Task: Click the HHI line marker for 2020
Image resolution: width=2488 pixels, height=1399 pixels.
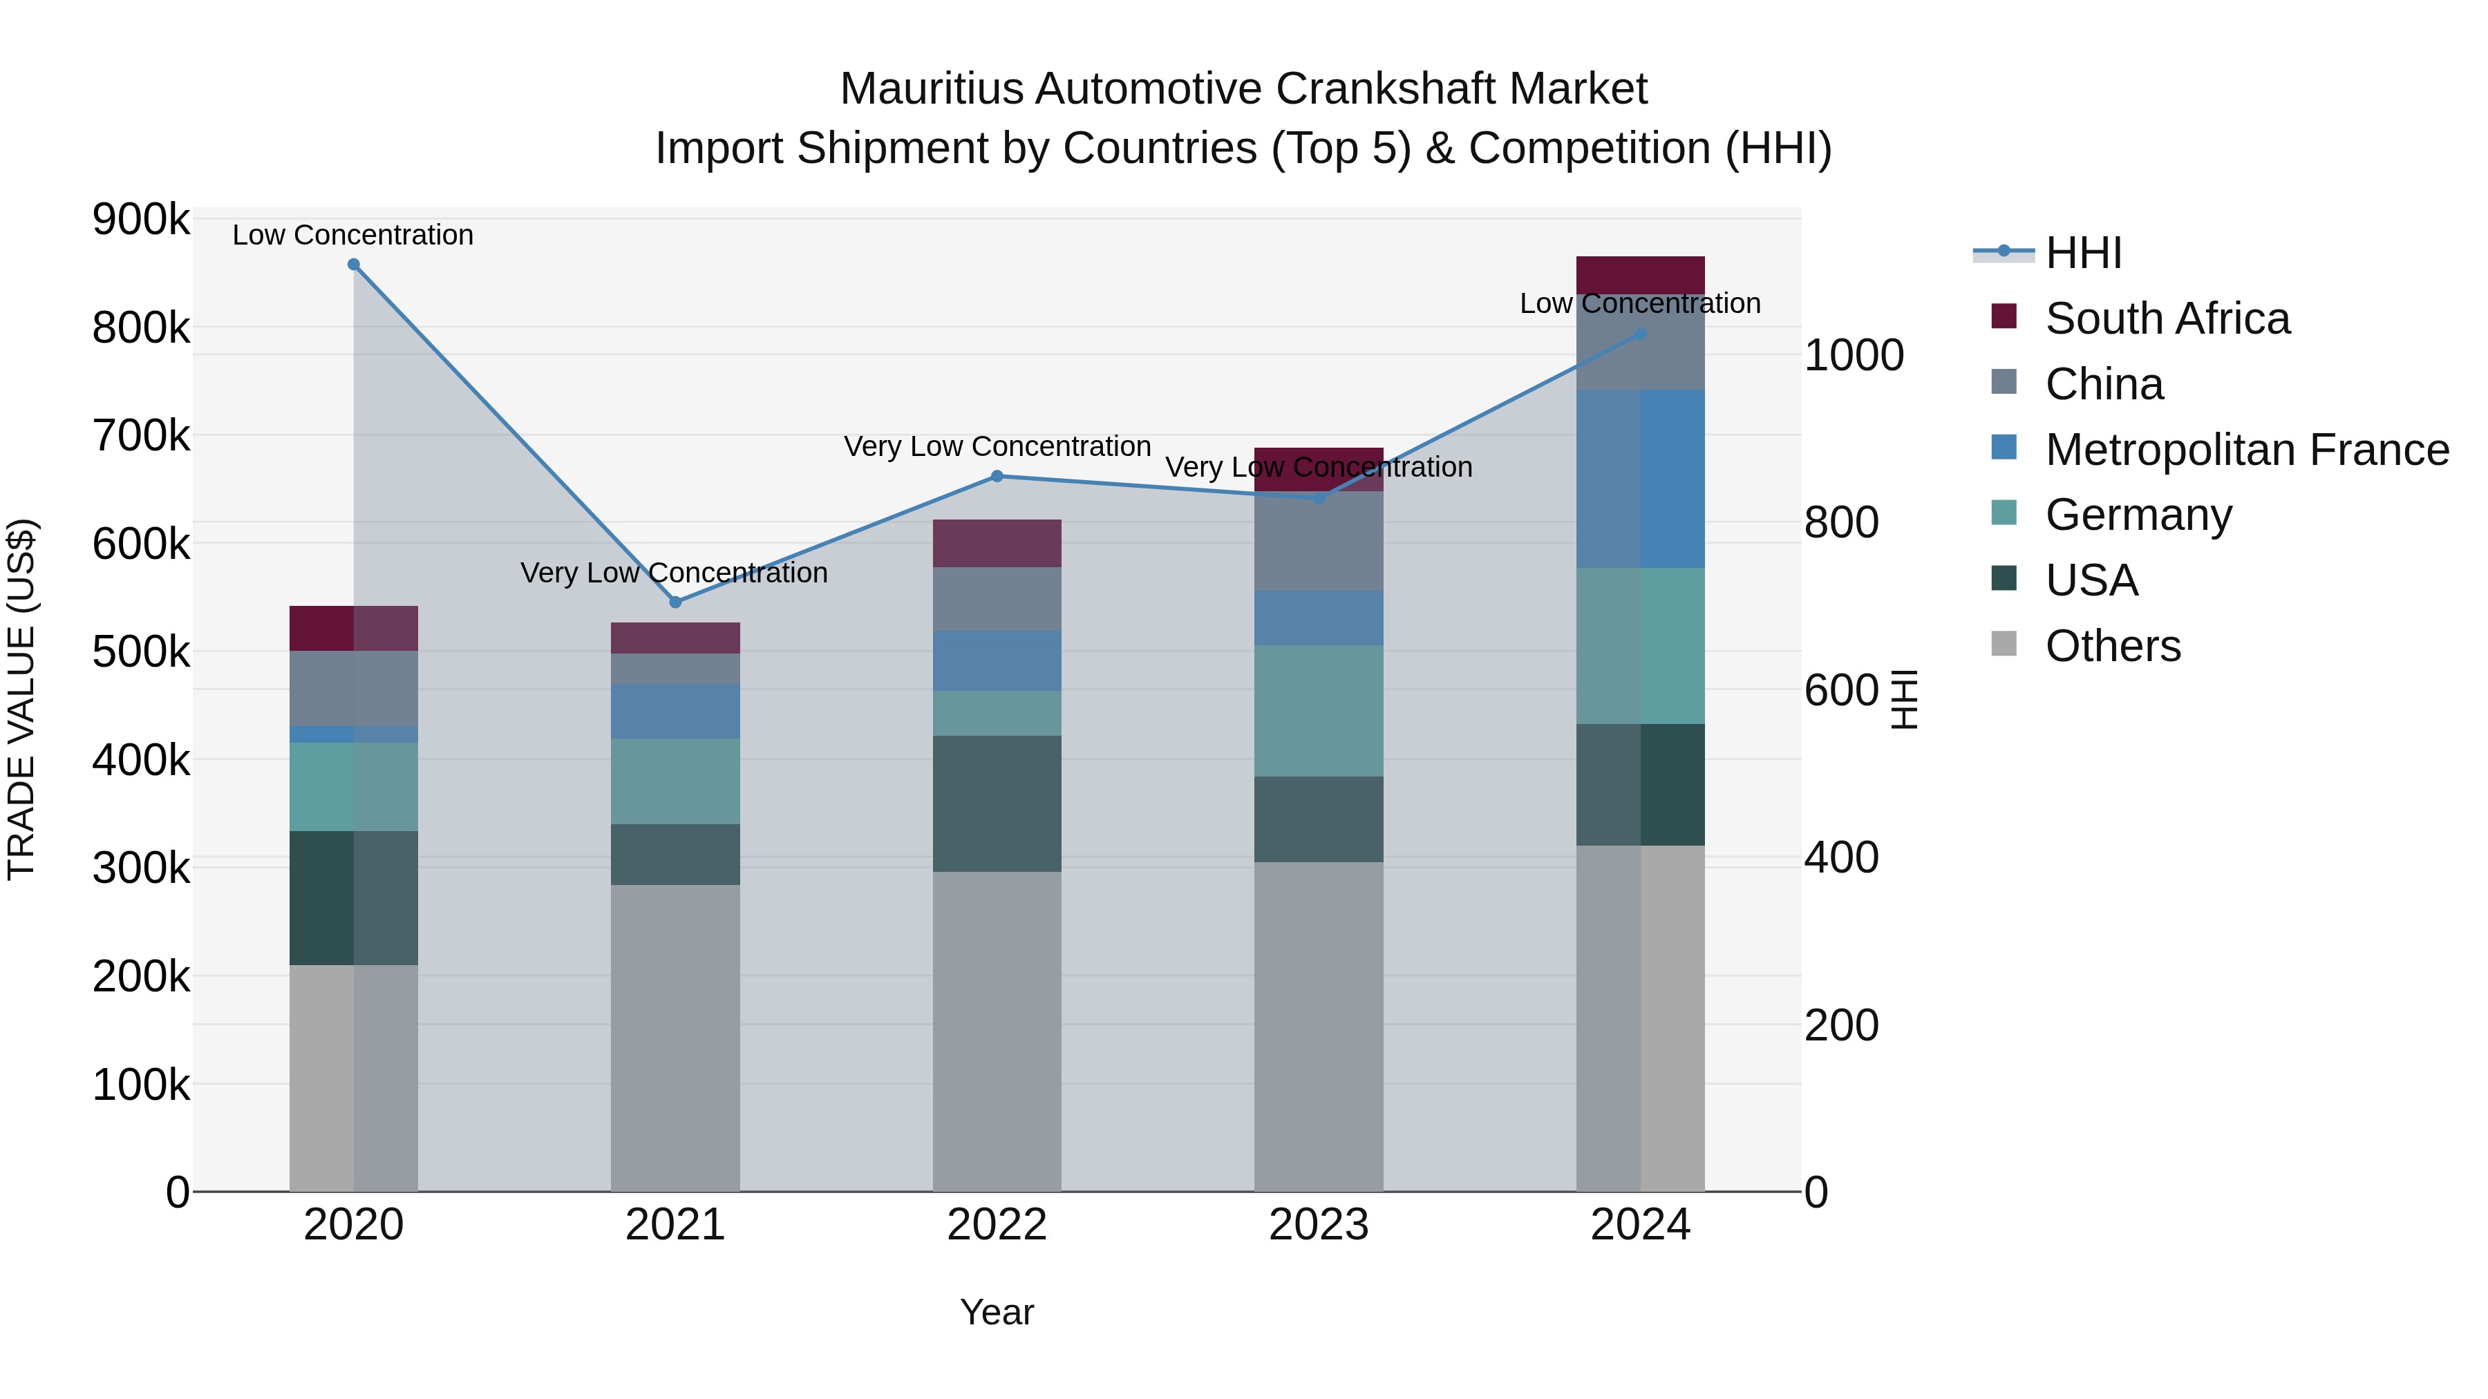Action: pyautogui.click(x=353, y=265)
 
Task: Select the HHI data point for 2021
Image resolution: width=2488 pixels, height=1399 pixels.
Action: pyautogui.click(x=675, y=602)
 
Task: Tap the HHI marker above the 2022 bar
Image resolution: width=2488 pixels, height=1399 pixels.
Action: pyautogui.click(x=997, y=476)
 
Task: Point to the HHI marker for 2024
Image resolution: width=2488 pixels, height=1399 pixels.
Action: pyautogui.click(x=1640, y=334)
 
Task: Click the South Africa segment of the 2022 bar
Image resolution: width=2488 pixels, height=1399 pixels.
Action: pyautogui.click(x=997, y=544)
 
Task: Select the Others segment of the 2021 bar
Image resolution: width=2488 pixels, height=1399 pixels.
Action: pyautogui.click(x=675, y=1038)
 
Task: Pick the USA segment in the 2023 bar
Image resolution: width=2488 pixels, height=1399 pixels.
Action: pyautogui.click(x=1319, y=819)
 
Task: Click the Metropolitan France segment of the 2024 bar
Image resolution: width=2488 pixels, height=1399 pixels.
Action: pyautogui.click(x=1640, y=479)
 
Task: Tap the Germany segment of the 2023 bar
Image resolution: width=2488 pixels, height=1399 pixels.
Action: pyautogui.click(x=1319, y=711)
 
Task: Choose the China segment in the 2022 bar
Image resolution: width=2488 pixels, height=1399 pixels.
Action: pyautogui.click(x=997, y=598)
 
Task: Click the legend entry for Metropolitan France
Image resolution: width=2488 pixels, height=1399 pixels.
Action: pyautogui.click(x=2247, y=450)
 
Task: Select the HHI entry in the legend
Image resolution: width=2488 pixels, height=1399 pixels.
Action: pyautogui.click(x=2083, y=253)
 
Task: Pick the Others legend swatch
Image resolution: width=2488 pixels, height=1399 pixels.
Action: pyautogui.click(x=2004, y=644)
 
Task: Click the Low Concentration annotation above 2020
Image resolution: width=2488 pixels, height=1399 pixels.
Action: pyautogui.click(x=352, y=235)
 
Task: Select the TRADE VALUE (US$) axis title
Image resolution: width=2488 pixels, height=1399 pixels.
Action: pyautogui.click(x=21, y=699)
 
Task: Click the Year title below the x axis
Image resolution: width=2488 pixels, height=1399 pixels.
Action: pyautogui.click(x=997, y=1312)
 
